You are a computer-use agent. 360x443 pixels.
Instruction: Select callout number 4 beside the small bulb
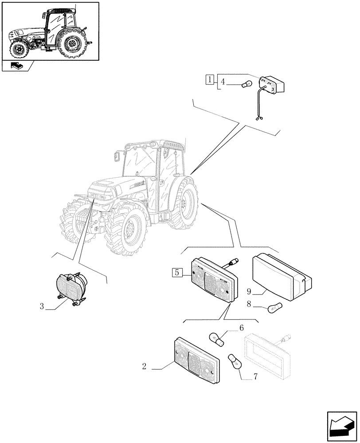[x=223, y=82]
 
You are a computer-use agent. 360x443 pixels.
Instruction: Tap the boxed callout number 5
[x=176, y=272]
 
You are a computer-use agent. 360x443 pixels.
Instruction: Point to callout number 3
[x=42, y=307]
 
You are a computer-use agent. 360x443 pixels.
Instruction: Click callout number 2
[x=145, y=366]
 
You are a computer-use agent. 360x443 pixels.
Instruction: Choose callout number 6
[x=242, y=328]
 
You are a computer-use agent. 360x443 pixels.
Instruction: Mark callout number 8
[x=249, y=304]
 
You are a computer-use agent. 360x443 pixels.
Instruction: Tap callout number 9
[x=249, y=292]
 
